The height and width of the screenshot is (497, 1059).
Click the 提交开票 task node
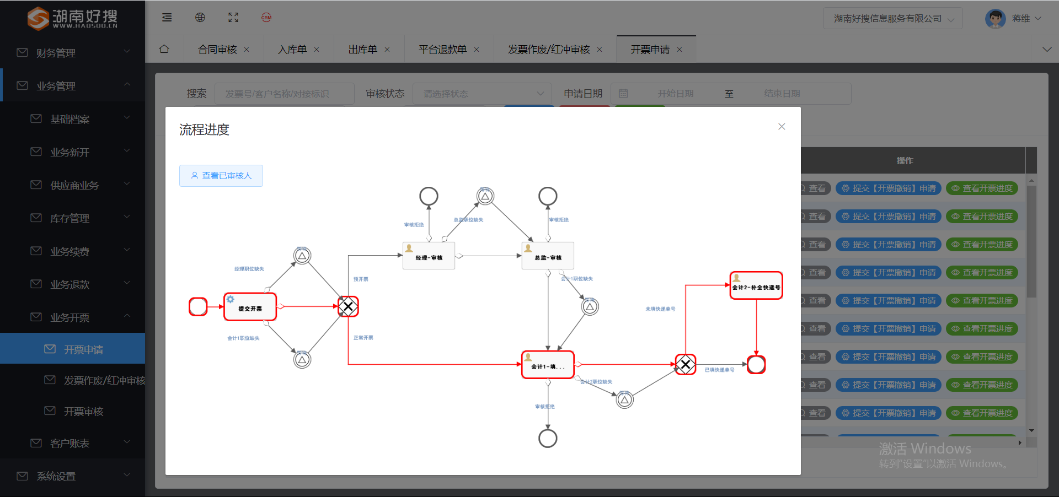[x=250, y=307]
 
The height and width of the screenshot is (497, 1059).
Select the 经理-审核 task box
[x=429, y=256]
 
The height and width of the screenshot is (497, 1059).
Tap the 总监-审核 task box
[x=548, y=256]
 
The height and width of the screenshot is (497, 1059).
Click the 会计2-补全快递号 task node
[x=756, y=285]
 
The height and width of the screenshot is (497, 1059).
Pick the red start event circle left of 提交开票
[x=198, y=306]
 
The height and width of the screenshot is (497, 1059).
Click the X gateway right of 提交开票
[x=348, y=306]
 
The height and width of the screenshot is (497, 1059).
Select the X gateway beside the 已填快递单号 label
[x=685, y=364]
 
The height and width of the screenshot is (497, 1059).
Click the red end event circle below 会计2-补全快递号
[x=756, y=364]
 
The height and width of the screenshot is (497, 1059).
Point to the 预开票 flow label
[x=361, y=279]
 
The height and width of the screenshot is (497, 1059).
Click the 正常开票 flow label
[x=363, y=338]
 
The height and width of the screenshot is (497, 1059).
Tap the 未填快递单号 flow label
[x=660, y=309]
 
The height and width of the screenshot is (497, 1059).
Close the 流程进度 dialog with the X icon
[x=782, y=127]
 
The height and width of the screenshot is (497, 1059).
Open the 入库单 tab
[x=292, y=50]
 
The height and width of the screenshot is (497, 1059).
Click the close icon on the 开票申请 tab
[x=680, y=50]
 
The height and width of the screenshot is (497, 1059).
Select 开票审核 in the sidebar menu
[x=83, y=412]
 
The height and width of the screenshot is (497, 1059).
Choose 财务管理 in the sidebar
[x=56, y=53]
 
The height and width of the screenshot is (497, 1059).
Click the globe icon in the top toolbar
[x=200, y=18]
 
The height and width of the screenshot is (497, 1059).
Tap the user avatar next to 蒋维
[x=995, y=18]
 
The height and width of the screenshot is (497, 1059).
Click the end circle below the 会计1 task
[x=548, y=439]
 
